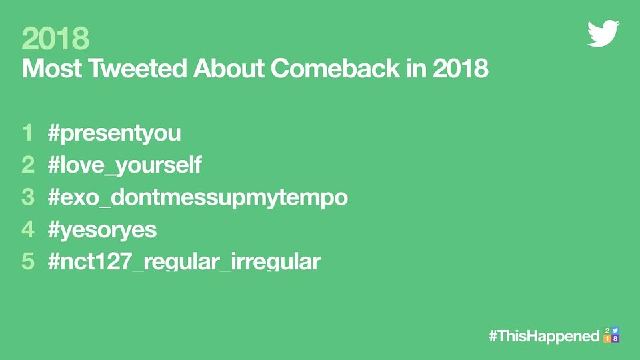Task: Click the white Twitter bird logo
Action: [603, 33]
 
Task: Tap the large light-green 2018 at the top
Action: [55, 39]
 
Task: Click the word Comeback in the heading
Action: [335, 68]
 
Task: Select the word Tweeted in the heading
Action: [137, 68]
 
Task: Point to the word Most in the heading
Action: [52, 68]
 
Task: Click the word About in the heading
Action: [229, 68]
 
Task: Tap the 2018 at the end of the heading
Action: [461, 68]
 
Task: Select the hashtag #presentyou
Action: [114, 133]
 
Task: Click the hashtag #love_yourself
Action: [125, 165]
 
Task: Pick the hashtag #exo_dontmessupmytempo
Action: [198, 197]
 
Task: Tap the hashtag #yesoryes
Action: [102, 229]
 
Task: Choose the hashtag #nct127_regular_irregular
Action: [185, 261]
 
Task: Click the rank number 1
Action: [28, 133]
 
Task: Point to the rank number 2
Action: [28, 165]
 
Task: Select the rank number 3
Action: [28, 197]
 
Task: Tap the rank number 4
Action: [28, 229]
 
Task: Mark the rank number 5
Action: [28, 261]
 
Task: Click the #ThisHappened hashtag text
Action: [545, 336]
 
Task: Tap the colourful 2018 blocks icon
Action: [611, 335]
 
